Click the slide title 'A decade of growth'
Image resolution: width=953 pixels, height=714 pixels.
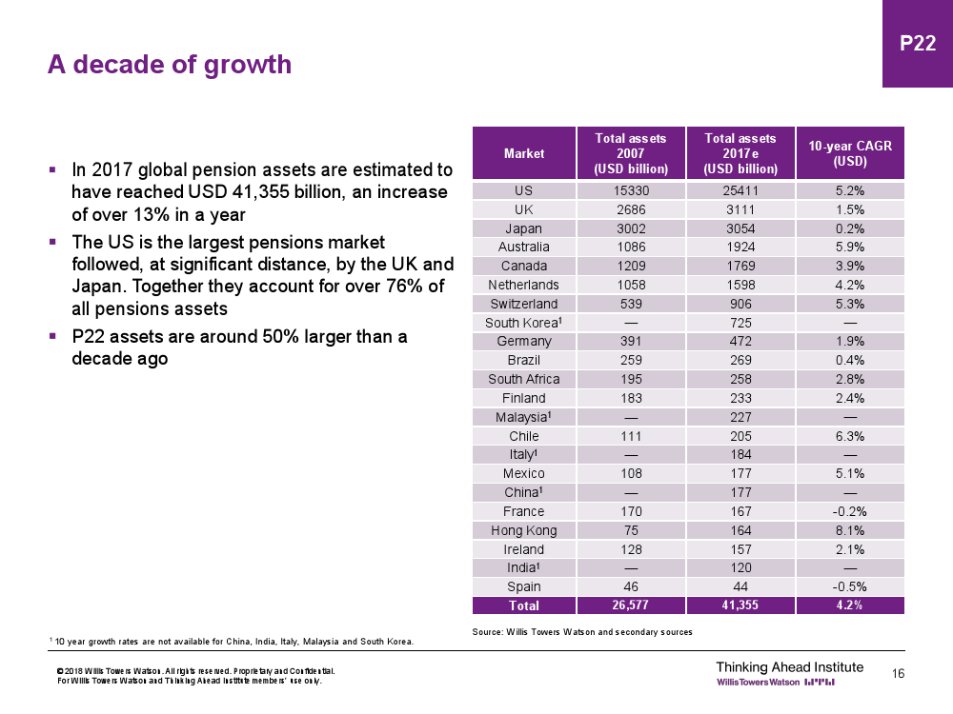coord(170,65)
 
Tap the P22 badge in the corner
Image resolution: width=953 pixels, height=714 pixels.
coord(918,44)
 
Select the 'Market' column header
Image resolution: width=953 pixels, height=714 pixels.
coord(524,153)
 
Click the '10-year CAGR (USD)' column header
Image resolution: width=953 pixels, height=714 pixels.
coord(850,153)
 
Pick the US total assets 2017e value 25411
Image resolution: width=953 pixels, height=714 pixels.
coord(740,190)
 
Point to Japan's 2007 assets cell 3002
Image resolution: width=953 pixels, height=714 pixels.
coord(630,228)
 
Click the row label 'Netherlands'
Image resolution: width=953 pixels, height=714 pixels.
coord(524,285)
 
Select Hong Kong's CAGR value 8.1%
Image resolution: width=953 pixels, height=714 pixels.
coord(850,530)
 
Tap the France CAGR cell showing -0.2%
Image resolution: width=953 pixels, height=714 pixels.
coord(850,511)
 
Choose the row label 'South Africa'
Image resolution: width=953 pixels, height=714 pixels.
coord(524,379)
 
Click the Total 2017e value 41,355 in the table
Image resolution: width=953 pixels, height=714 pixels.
coord(740,605)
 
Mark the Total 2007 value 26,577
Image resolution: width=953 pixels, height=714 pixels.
coord(630,605)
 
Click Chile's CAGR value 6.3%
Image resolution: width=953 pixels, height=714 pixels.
coord(850,436)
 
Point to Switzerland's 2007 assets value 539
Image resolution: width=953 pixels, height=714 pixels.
coord(630,304)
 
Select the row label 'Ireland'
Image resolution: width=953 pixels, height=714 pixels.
coord(524,549)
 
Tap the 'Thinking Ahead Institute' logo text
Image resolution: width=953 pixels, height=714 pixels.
coord(789,666)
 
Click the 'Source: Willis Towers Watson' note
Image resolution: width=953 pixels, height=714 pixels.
coord(582,632)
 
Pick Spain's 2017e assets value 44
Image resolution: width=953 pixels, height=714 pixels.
coord(740,586)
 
